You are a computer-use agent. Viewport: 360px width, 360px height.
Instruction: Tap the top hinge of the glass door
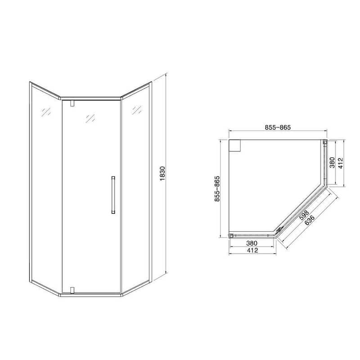coord(72,103)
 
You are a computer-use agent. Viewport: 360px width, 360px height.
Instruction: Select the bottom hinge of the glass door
coord(72,289)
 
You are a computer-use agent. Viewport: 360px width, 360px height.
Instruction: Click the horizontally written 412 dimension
coord(252,251)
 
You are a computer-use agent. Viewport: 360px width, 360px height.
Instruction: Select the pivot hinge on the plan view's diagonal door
coord(279,229)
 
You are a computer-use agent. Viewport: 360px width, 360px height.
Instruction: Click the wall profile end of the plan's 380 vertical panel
coord(324,143)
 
